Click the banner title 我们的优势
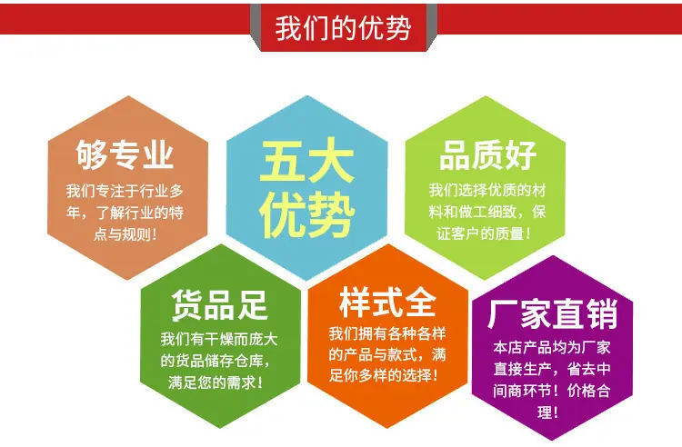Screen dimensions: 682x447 pos(343,28)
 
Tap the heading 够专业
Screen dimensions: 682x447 pos(125,154)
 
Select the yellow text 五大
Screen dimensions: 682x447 pos(307,161)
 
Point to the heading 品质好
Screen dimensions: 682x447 pos(487,155)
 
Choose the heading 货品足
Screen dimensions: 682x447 pos(219,305)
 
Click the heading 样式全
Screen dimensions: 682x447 pos(387,302)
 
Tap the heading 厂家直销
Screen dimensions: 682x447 pos(552,313)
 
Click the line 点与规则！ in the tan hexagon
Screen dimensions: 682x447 pos(125,234)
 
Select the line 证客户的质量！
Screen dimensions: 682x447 pos(484,233)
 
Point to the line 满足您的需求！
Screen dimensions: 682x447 pos(216,382)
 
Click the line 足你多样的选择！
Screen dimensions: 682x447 pos(384,375)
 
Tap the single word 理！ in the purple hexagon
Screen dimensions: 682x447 pos(547,412)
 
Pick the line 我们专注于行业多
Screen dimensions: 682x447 pos(125,191)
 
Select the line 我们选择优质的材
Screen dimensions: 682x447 pos(487,190)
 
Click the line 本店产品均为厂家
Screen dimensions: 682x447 pos(552,348)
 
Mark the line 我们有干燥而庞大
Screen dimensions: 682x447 pos(219,339)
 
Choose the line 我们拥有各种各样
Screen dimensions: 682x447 pos(387,333)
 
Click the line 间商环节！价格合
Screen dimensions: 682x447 pos(552,391)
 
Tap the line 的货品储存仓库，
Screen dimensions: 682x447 pos(216,361)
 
